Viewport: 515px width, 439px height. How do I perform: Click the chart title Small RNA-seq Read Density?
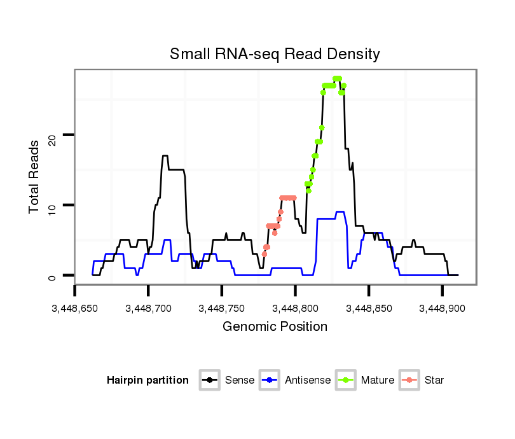(x=275, y=54)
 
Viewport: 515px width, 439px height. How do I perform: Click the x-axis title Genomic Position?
(x=275, y=327)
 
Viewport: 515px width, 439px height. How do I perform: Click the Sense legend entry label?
(x=240, y=380)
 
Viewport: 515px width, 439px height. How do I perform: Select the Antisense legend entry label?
(x=308, y=380)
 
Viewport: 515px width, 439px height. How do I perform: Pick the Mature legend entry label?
(x=378, y=380)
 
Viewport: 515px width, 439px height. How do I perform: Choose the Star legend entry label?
(x=434, y=380)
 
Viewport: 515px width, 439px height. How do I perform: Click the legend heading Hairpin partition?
(x=148, y=380)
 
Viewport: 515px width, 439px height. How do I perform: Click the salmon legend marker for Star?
(x=410, y=380)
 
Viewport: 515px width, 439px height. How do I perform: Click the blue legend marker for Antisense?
(x=270, y=380)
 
